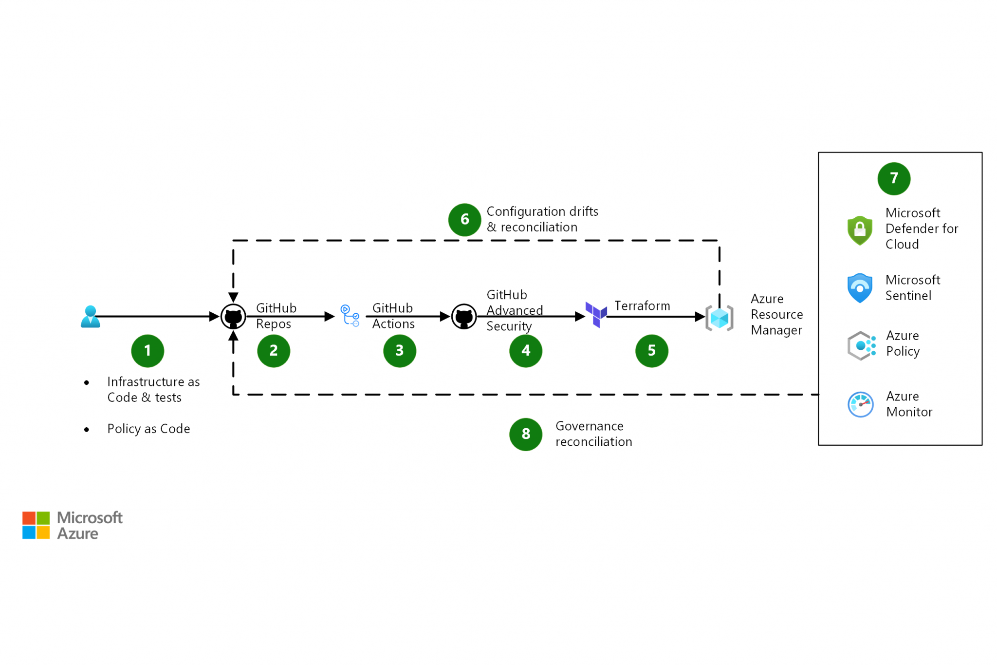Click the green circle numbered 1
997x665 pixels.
click(x=148, y=351)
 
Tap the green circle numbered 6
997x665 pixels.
click(x=464, y=220)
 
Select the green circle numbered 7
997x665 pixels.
click(x=894, y=178)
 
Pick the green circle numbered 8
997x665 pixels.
click(x=526, y=434)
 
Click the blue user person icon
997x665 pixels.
click(x=91, y=317)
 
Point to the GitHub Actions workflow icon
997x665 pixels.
click(x=350, y=316)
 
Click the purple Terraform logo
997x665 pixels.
click(x=596, y=314)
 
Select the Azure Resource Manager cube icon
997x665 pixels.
click(x=719, y=319)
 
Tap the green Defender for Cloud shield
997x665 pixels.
click(x=860, y=230)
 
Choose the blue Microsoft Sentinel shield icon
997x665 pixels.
click(x=860, y=288)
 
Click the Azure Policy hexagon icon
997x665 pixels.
click(x=861, y=345)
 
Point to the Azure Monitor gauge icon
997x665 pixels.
click(x=860, y=404)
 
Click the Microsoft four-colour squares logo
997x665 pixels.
click(x=36, y=525)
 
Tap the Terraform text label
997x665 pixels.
click(x=642, y=306)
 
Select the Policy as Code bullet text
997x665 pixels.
click(x=148, y=429)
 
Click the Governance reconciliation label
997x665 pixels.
click(x=593, y=434)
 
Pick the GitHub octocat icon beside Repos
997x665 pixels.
click(x=233, y=317)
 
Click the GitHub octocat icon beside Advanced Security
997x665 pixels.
click(x=464, y=317)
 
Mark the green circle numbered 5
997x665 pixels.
click(x=651, y=351)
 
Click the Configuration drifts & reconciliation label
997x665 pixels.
click(x=542, y=219)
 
